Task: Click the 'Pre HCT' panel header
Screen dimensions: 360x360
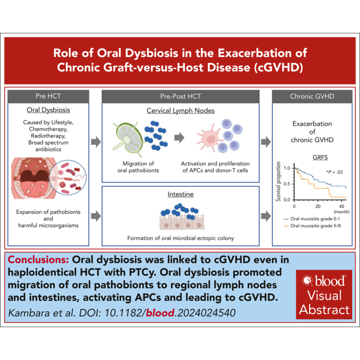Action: (48, 96)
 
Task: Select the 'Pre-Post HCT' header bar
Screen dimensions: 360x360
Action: (180, 96)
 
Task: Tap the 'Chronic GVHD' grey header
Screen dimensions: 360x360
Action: (312, 96)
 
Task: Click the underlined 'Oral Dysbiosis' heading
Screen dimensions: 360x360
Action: (48, 110)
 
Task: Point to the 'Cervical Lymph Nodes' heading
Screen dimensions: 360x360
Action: (180, 111)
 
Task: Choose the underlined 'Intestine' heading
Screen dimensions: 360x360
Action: (180, 194)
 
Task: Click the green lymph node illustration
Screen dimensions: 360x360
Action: (127, 139)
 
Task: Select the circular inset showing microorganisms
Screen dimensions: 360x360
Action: (68, 177)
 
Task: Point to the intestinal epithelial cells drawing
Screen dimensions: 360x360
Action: (182, 222)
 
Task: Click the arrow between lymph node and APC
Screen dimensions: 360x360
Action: (179, 137)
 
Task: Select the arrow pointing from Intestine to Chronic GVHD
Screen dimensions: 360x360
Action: (266, 216)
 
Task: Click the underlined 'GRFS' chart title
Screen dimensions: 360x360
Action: (320, 157)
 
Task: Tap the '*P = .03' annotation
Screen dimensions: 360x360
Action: (334, 172)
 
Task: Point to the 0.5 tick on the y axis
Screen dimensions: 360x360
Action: (287, 184)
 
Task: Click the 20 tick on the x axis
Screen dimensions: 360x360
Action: (318, 206)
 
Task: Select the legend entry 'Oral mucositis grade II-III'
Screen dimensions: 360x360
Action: (312, 226)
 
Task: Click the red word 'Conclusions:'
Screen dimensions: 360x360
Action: (38, 260)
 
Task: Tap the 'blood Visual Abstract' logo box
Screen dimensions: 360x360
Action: (324, 295)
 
